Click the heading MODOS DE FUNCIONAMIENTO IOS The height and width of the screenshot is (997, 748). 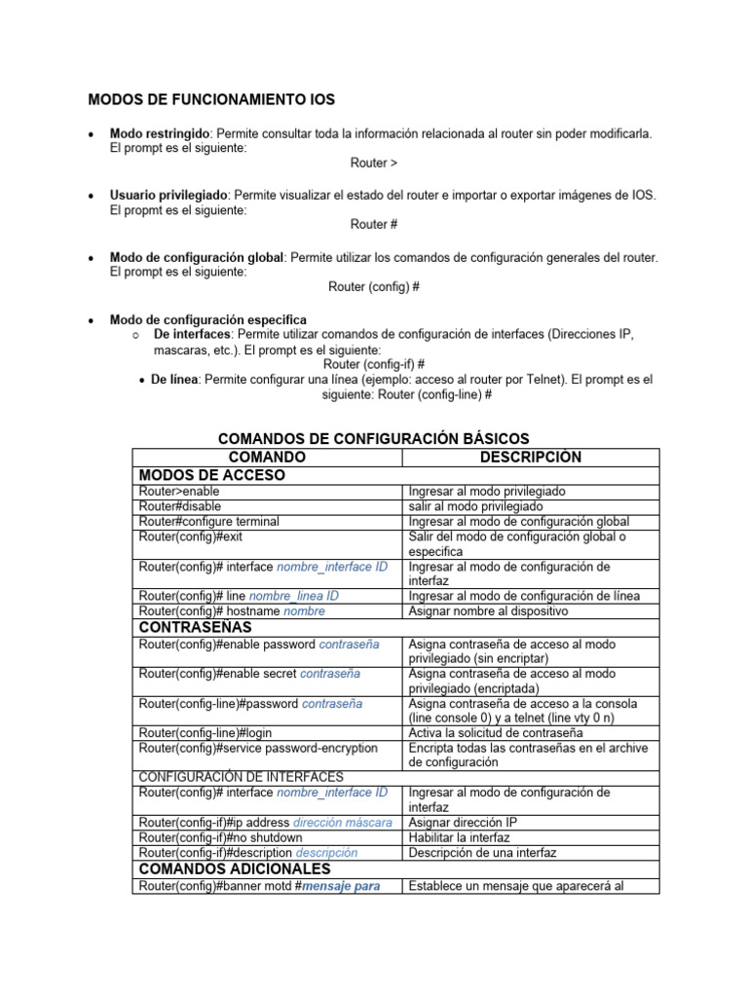[211, 99]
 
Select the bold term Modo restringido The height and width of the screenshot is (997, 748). [161, 132]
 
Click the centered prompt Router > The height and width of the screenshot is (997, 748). [374, 164]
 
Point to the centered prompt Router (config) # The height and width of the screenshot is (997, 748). [374, 287]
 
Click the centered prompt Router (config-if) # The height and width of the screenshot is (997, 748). [374, 364]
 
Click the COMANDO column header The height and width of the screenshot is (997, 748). [267, 457]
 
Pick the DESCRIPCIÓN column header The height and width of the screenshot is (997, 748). [531, 457]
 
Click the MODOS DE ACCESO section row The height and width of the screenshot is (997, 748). [212, 475]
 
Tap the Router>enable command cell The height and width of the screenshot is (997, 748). [179, 492]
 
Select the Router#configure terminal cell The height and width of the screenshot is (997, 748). [209, 522]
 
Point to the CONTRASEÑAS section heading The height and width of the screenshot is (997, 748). [196, 627]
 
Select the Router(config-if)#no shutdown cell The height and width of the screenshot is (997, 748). [220, 837]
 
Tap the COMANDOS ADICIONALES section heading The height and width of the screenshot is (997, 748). [235, 868]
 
